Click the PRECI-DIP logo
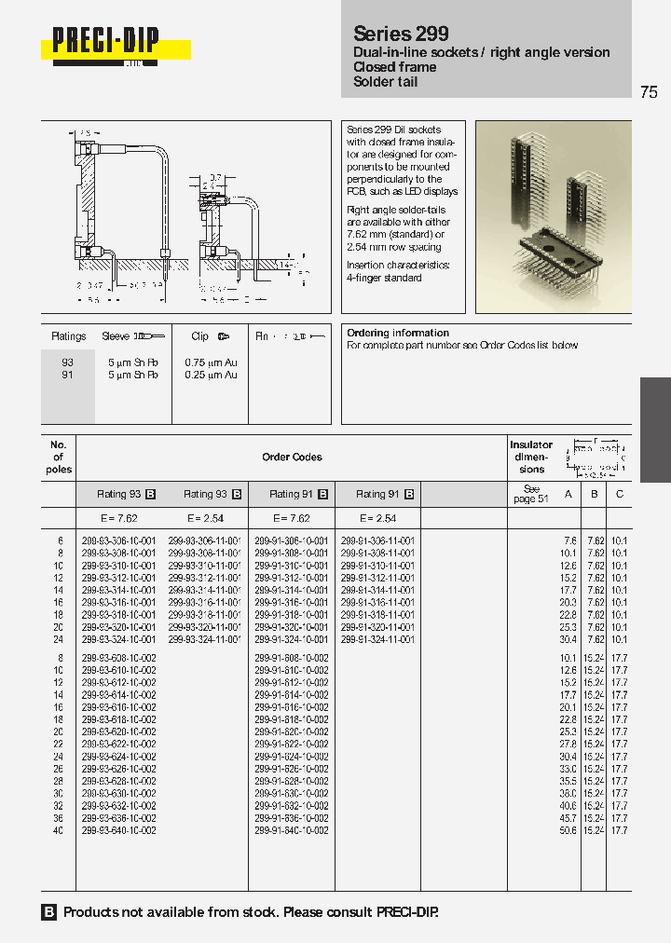(x=105, y=43)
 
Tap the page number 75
(x=649, y=91)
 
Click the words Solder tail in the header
(x=385, y=82)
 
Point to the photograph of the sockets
(x=553, y=216)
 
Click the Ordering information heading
(x=398, y=333)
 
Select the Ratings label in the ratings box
(x=68, y=336)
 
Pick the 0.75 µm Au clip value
(x=211, y=362)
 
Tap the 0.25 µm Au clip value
(x=211, y=375)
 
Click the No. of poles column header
(x=58, y=457)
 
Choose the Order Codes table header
(x=292, y=458)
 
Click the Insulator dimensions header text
(x=531, y=457)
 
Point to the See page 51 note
(x=531, y=494)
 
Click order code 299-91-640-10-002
(x=291, y=830)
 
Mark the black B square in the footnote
(x=49, y=912)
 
